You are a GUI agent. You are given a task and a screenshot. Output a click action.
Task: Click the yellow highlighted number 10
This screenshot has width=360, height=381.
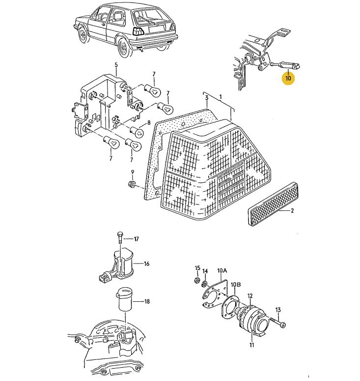click(x=288, y=78)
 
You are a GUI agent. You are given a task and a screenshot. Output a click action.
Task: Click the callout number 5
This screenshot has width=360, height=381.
click(x=116, y=65)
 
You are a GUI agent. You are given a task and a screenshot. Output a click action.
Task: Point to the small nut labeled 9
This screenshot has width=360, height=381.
click(x=132, y=184)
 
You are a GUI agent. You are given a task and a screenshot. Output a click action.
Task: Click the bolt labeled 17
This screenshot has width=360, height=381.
click(x=120, y=239)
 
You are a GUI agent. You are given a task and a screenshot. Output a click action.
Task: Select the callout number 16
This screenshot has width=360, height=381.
click(x=146, y=264)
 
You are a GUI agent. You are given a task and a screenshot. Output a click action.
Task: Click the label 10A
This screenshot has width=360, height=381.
click(x=222, y=270)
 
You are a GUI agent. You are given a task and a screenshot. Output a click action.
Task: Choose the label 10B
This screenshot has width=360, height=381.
click(x=236, y=284)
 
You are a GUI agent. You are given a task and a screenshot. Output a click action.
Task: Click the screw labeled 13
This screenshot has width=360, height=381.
click(x=279, y=323)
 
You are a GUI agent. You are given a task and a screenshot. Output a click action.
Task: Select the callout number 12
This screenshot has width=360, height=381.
click(x=250, y=296)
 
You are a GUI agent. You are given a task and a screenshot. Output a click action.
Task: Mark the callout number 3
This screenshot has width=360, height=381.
click(x=207, y=98)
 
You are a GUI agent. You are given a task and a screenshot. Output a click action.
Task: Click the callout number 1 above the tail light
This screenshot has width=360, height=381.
click(x=221, y=96)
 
